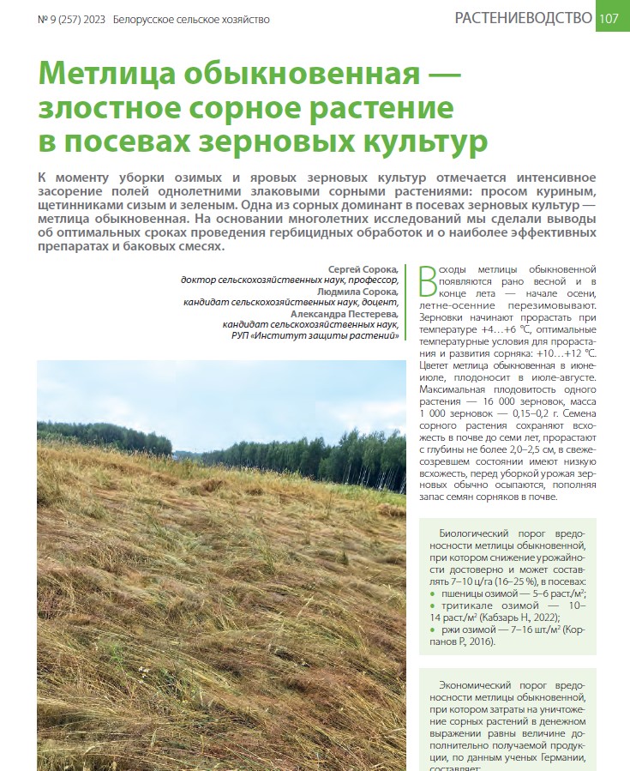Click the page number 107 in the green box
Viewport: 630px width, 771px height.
611,18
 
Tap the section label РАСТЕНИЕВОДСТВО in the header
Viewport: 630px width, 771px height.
523,18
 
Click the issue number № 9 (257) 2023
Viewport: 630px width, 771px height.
73,19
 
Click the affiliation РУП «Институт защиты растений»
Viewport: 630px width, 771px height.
315,336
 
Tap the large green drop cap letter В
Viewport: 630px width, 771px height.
428,280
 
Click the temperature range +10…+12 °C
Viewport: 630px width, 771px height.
564,352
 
